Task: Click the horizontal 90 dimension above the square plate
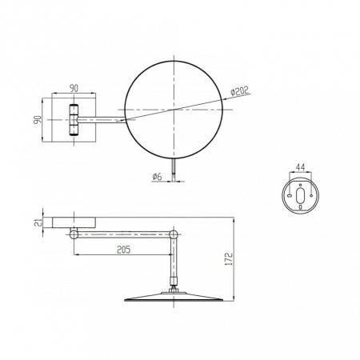(x=74, y=88)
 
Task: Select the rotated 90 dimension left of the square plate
(x=38, y=119)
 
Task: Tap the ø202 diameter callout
(x=239, y=90)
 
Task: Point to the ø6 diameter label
(x=157, y=176)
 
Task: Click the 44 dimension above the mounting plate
(x=300, y=167)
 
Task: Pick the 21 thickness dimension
(x=38, y=222)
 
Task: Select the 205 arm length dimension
(x=124, y=250)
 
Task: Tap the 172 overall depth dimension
(x=229, y=259)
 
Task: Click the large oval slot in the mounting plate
(x=300, y=195)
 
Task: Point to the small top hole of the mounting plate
(x=301, y=185)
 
